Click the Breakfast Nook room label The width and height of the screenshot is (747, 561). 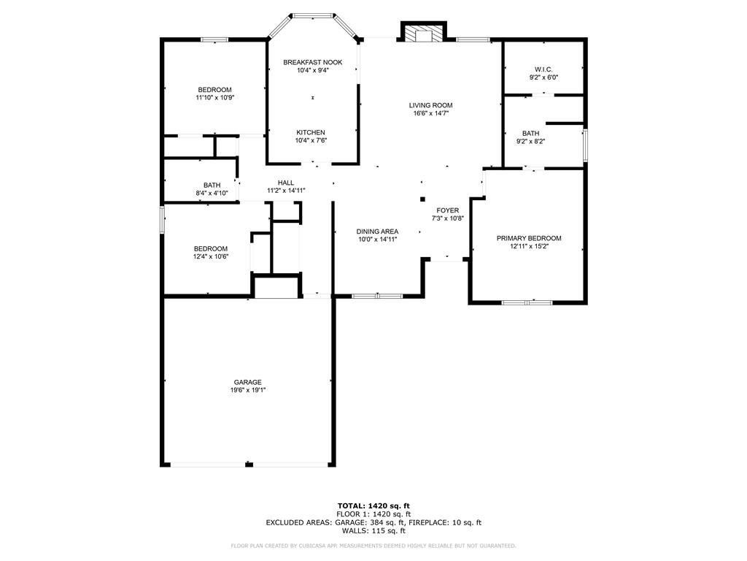tap(312, 62)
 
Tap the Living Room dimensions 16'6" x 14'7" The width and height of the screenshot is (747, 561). tap(431, 113)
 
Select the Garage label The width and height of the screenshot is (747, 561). tap(248, 382)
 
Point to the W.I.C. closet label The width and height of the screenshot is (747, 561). tap(543, 69)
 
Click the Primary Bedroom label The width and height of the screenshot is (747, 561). tap(529, 238)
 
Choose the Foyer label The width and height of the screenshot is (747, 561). tap(448, 210)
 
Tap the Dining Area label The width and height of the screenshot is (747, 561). tap(377, 232)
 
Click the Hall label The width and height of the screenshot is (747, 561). tap(286, 182)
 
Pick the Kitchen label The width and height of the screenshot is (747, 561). tap(311, 132)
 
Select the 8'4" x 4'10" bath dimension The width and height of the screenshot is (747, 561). tap(212, 193)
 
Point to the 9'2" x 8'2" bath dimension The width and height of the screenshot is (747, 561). tap(531, 141)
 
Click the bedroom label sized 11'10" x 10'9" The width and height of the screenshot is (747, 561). tap(215, 90)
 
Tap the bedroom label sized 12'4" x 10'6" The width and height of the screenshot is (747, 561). tap(211, 248)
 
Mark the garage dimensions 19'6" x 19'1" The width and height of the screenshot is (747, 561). tap(248, 390)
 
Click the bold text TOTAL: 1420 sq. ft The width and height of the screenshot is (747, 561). tap(373, 505)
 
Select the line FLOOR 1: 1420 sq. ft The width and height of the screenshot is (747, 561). tap(373, 514)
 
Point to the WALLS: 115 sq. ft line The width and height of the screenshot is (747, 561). tap(373, 530)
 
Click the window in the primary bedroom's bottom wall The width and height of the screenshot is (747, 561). tap(527, 302)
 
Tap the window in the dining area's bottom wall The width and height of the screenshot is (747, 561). tap(377, 297)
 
